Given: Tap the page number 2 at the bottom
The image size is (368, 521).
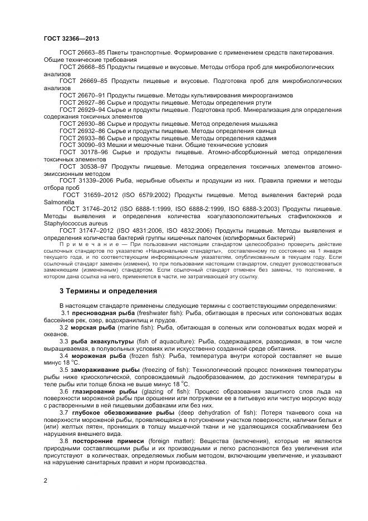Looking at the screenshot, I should point(45,479).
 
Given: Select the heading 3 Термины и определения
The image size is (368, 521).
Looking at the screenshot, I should point(109,291).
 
